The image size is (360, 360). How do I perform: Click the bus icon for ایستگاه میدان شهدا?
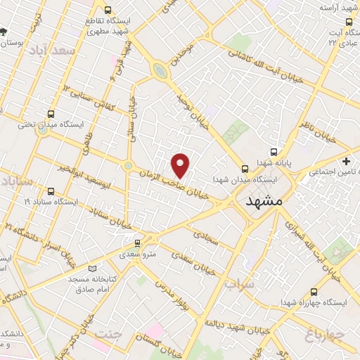pyautogui.click(x=245, y=168)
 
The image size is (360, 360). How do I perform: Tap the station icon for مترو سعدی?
pyautogui.click(x=136, y=243)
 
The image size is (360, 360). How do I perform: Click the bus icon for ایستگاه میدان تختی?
pyautogui.click(x=51, y=114)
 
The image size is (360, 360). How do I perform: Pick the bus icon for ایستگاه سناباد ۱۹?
pyautogui.click(x=50, y=191)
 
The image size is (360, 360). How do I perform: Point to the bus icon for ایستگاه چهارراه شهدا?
pyautogui.click(x=313, y=292)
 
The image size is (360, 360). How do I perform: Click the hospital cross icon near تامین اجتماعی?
pyautogui.click(x=345, y=161)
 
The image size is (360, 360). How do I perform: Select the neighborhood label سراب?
pyautogui.click(x=238, y=285)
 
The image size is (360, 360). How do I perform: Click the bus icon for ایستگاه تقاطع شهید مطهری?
pyautogui.click(x=107, y=11)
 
